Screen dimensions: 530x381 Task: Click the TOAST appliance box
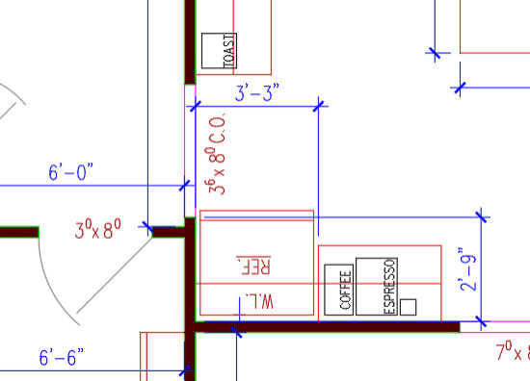point(219,51)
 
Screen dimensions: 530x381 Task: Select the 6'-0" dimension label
point(71,172)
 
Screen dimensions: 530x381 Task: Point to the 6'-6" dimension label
point(63,358)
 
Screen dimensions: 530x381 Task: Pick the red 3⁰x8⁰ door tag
point(99,231)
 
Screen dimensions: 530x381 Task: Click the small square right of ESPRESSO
point(409,307)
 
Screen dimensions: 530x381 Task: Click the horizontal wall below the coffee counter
point(328,328)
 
